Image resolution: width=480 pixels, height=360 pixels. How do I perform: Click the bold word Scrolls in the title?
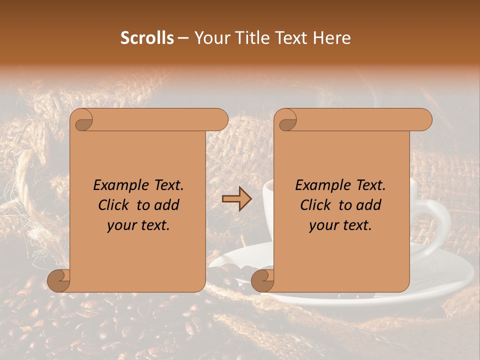(147, 38)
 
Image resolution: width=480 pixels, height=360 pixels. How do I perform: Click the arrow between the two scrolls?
(236, 199)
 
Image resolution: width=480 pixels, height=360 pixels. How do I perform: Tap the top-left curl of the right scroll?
(287, 120)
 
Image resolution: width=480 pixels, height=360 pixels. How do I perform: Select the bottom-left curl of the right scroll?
(263, 280)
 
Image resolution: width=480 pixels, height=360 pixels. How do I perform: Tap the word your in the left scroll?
(121, 225)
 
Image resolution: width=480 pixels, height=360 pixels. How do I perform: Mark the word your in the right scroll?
(323, 225)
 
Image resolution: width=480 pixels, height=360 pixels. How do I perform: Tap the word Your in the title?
(210, 38)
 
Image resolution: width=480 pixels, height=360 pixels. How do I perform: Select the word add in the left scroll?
(167, 205)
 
